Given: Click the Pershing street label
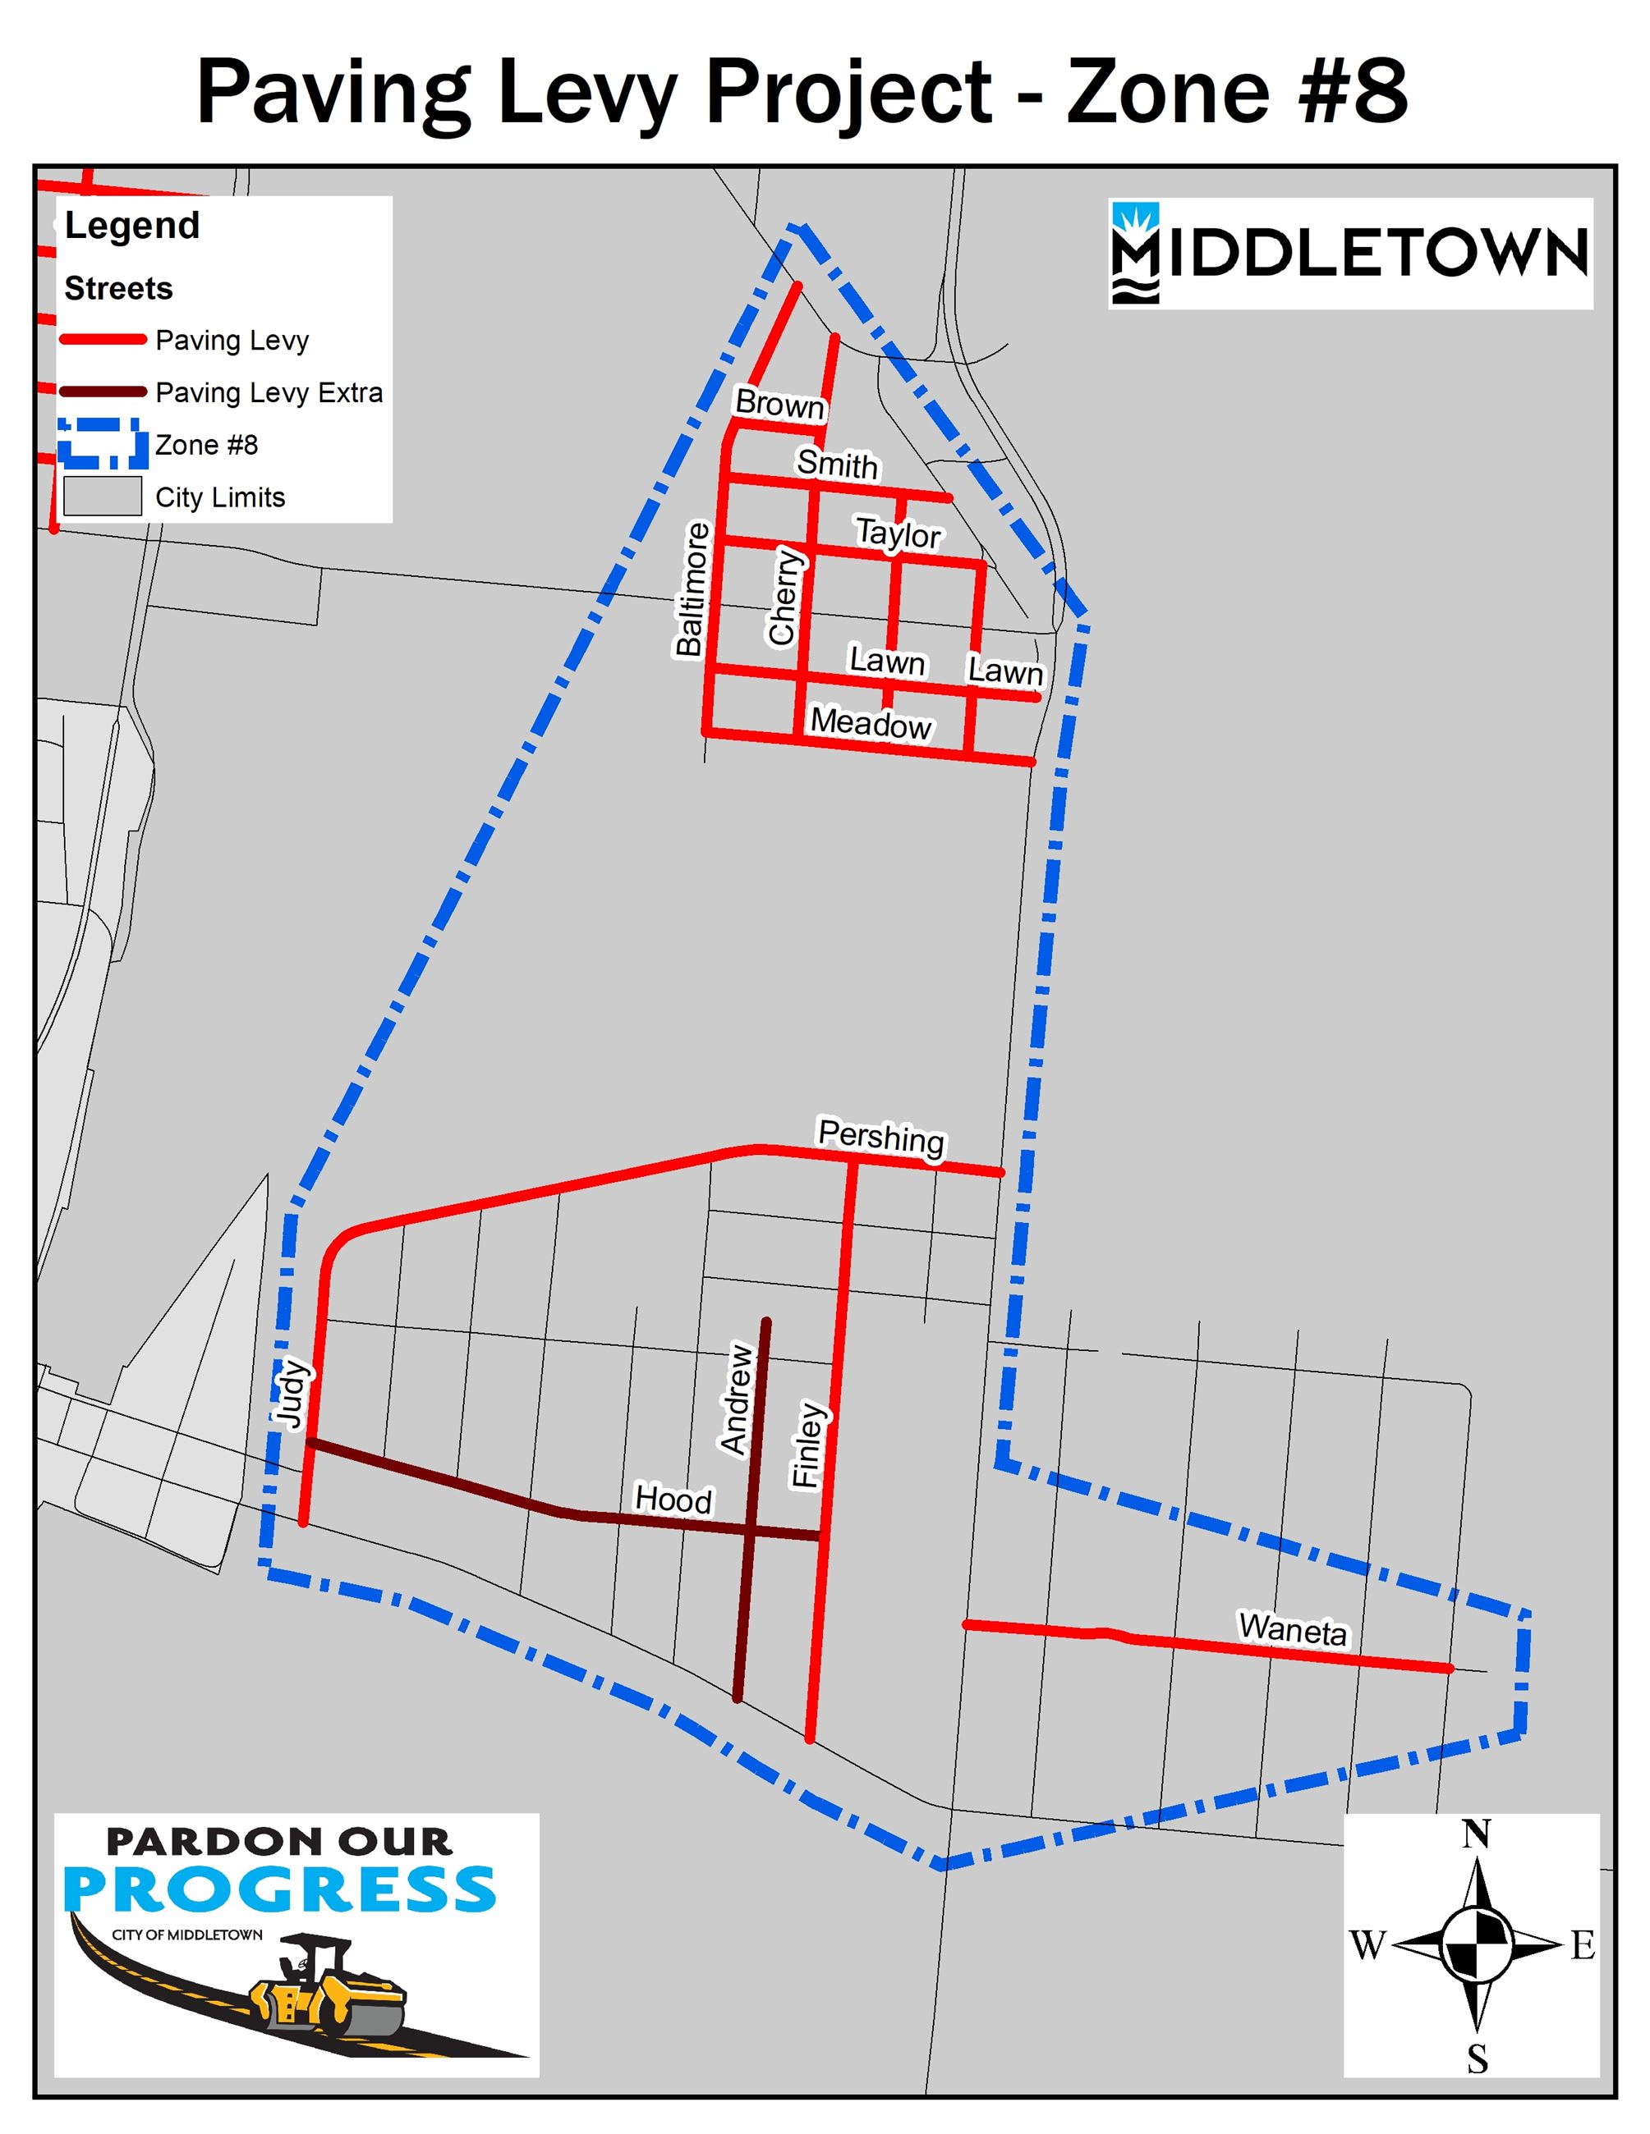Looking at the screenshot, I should (x=880, y=1138).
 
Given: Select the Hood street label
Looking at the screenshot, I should (x=673, y=1499).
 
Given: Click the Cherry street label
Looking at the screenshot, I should (x=785, y=596).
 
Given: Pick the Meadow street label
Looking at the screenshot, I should (x=871, y=724).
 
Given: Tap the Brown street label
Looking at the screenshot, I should (x=779, y=404).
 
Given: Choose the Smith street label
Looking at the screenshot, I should (x=837, y=463).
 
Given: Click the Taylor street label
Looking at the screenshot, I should (x=898, y=533).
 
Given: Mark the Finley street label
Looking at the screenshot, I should (x=808, y=1445).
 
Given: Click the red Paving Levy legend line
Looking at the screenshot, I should (x=103, y=340).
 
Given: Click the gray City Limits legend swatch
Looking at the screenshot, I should (x=103, y=497).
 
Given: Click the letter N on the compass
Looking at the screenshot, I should (x=1476, y=1835).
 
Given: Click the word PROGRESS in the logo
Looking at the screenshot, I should (x=281, y=1891).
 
